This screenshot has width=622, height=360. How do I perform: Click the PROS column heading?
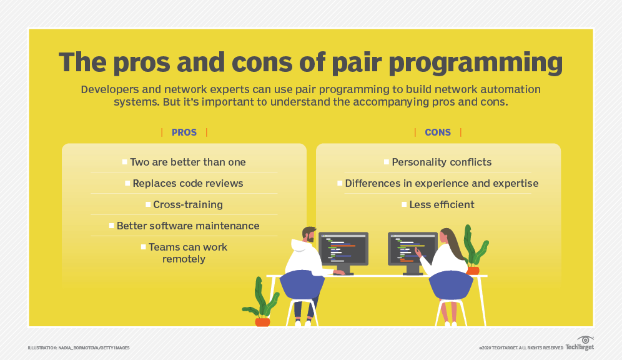184,132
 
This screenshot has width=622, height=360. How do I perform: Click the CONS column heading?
437,132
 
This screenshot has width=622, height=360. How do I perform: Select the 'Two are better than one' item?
187,162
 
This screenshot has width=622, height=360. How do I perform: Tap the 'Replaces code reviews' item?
187,183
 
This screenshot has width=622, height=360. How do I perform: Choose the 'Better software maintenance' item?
187,226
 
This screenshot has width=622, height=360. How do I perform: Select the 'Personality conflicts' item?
442,162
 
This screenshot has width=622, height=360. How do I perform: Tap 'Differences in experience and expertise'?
442,183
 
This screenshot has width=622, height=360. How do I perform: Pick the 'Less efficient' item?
442,204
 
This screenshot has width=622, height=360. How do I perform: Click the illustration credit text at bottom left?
79,347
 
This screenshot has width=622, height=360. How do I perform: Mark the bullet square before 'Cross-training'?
148,204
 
